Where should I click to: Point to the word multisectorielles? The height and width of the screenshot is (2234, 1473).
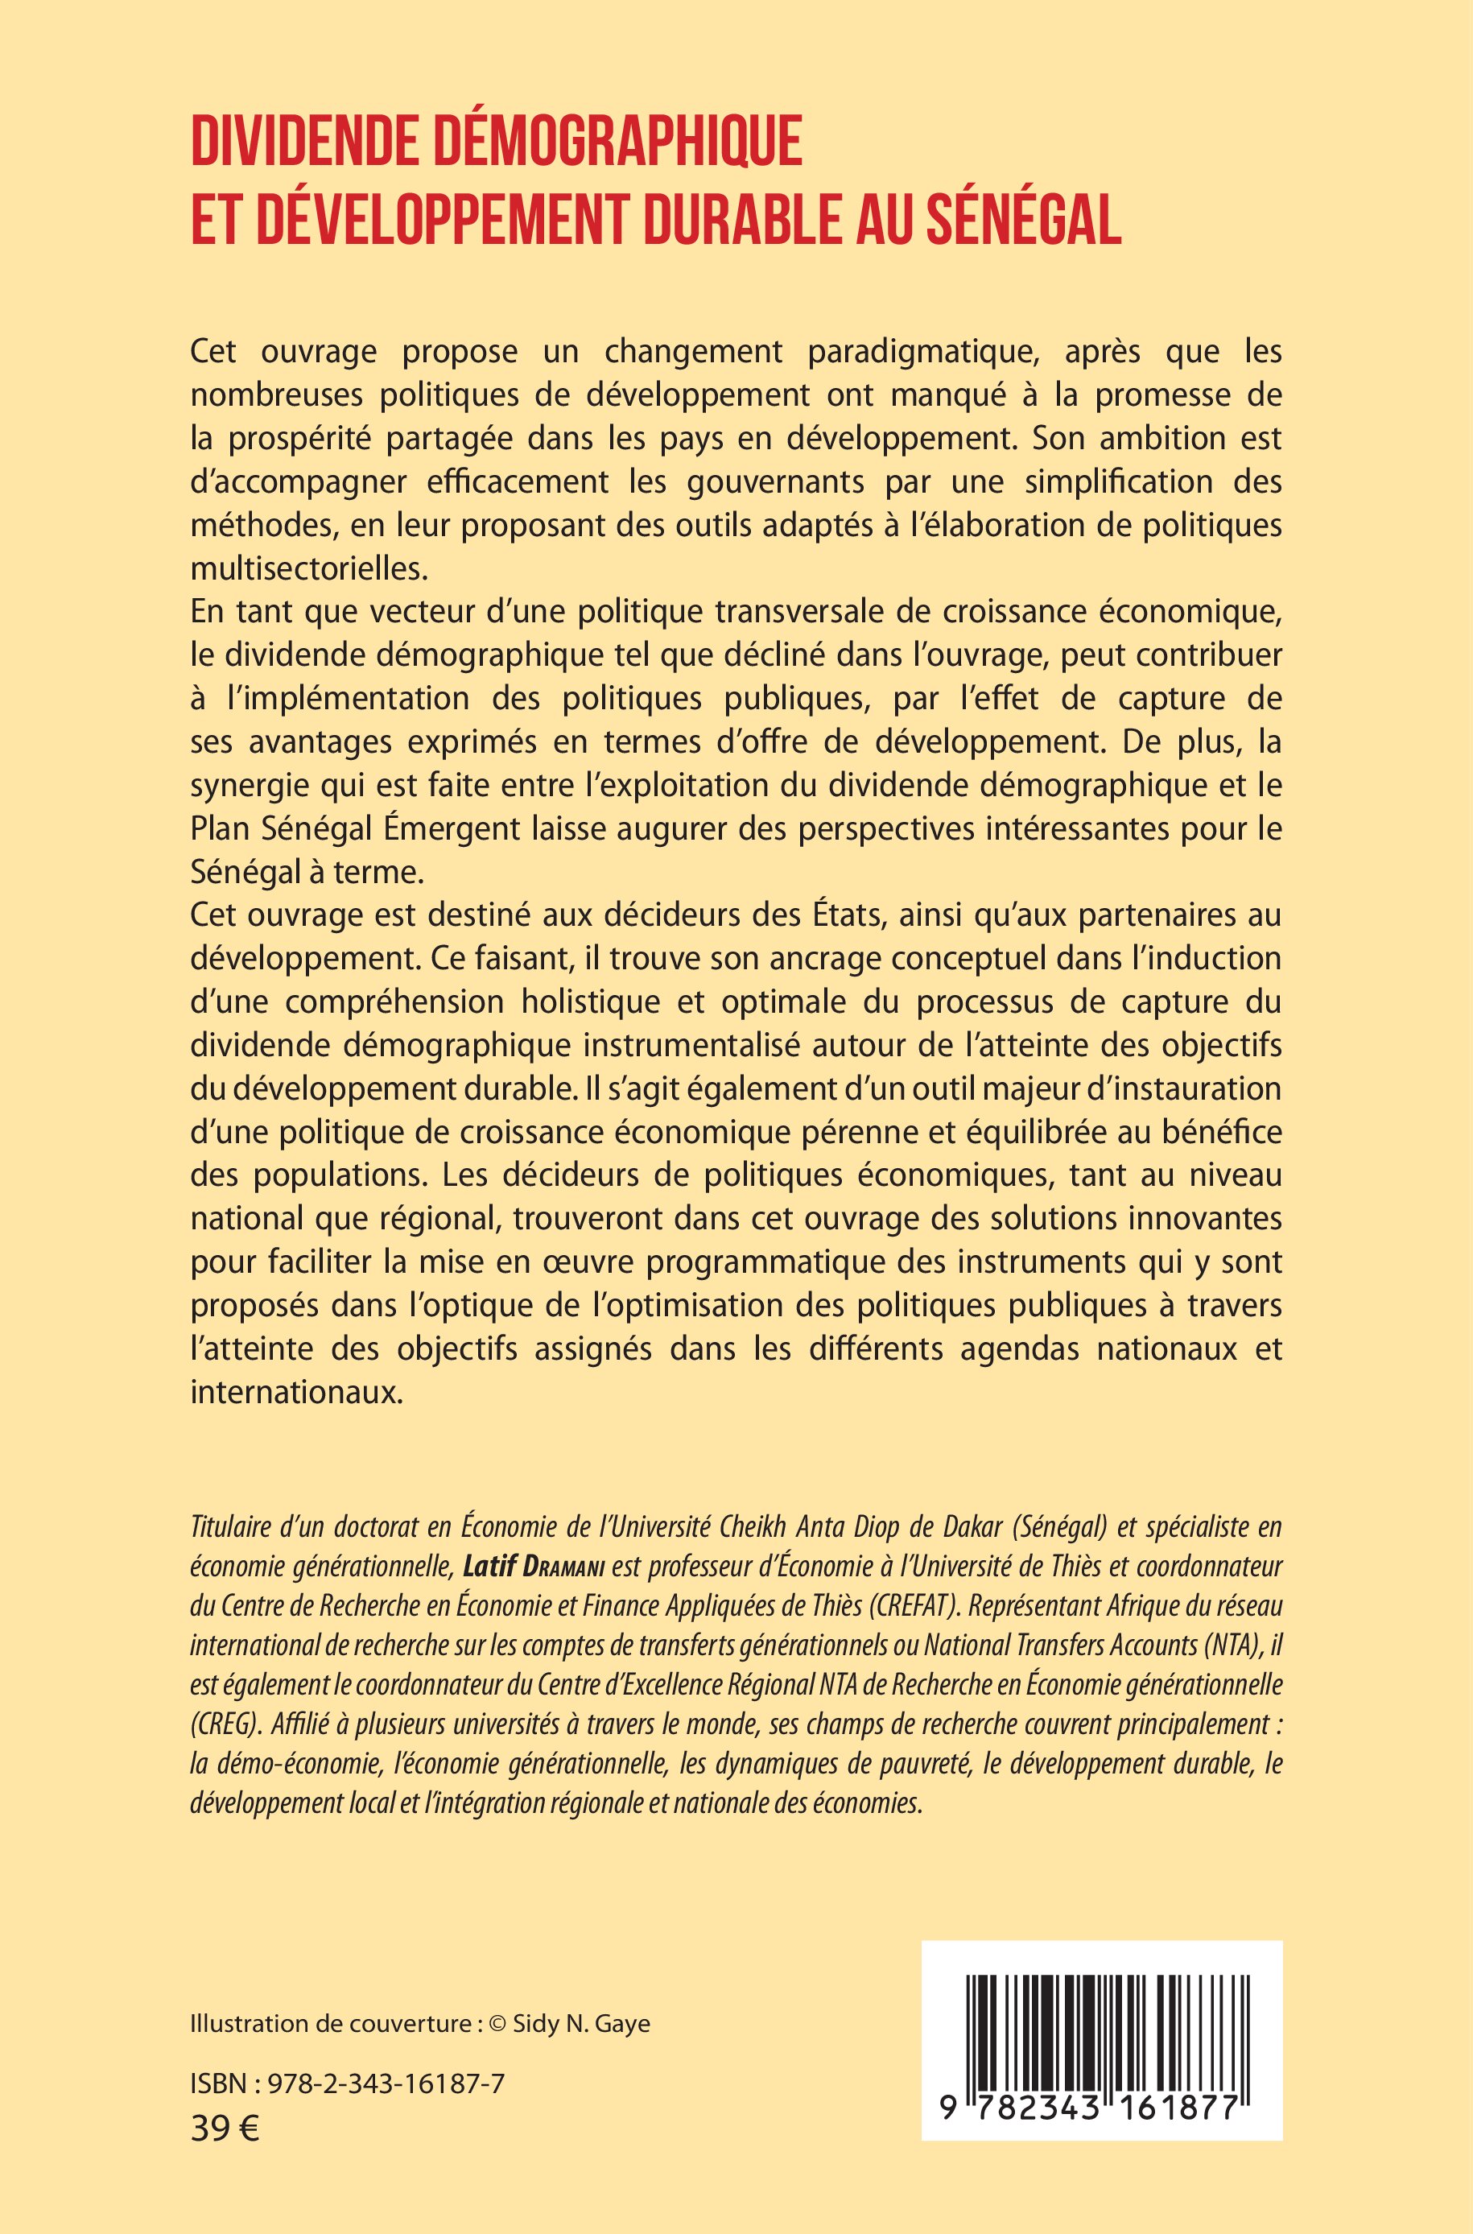(x=308, y=568)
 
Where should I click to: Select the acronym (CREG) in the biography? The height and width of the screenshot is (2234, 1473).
(x=225, y=1725)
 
